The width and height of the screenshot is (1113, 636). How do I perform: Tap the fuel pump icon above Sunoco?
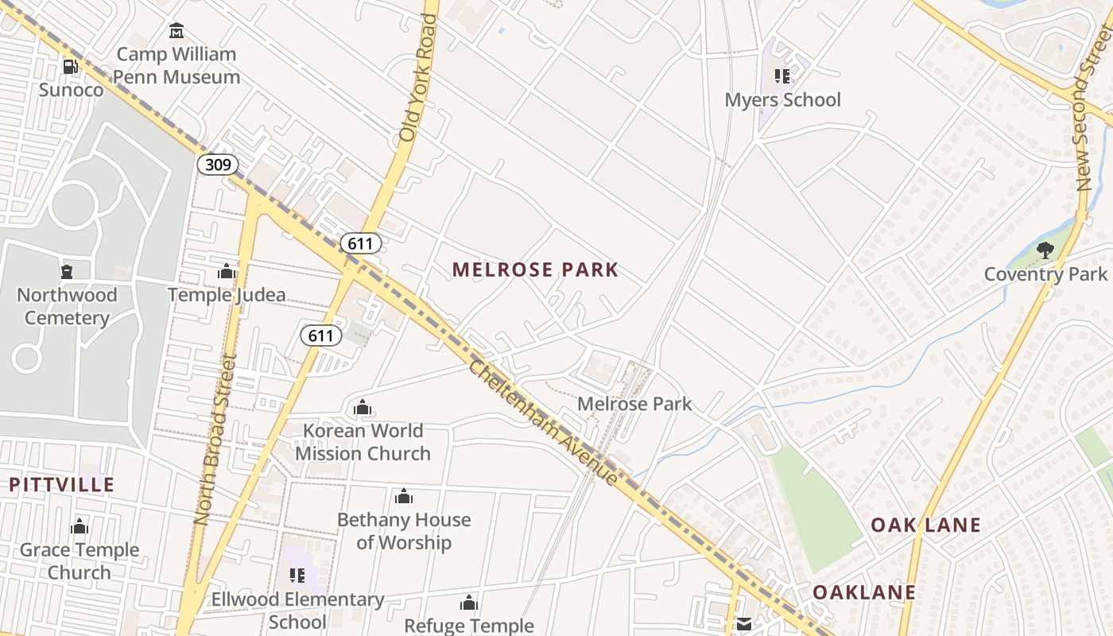pyautogui.click(x=71, y=67)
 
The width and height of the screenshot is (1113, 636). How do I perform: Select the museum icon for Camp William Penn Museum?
pyautogui.click(x=176, y=31)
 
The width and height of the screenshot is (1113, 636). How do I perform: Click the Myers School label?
pyautogui.click(x=782, y=99)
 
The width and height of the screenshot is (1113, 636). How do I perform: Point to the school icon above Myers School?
pyautogui.click(x=782, y=76)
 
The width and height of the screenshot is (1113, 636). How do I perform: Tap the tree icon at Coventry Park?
pyautogui.click(x=1045, y=251)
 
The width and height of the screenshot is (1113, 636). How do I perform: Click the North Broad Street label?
pyautogui.click(x=214, y=440)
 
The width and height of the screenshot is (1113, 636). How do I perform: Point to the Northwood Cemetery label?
pyautogui.click(x=67, y=306)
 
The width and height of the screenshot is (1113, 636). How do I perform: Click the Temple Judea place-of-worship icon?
pyautogui.click(x=227, y=272)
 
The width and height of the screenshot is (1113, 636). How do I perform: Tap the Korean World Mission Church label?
pyautogui.click(x=363, y=442)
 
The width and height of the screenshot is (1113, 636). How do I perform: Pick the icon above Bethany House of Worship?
pyautogui.click(x=404, y=497)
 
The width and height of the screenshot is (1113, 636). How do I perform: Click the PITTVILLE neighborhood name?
pyautogui.click(x=62, y=484)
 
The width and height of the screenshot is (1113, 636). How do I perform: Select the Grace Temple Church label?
pyautogui.click(x=79, y=560)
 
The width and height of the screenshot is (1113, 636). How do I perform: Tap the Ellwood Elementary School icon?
pyautogui.click(x=297, y=575)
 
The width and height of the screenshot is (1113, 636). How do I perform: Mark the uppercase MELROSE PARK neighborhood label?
pyautogui.click(x=535, y=270)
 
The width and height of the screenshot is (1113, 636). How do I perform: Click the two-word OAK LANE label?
pyautogui.click(x=925, y=525)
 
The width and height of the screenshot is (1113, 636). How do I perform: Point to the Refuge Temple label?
pyautogui.click(x=469, y=626)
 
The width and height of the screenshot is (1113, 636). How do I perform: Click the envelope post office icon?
pyautogui.click(x=743, y=624)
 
